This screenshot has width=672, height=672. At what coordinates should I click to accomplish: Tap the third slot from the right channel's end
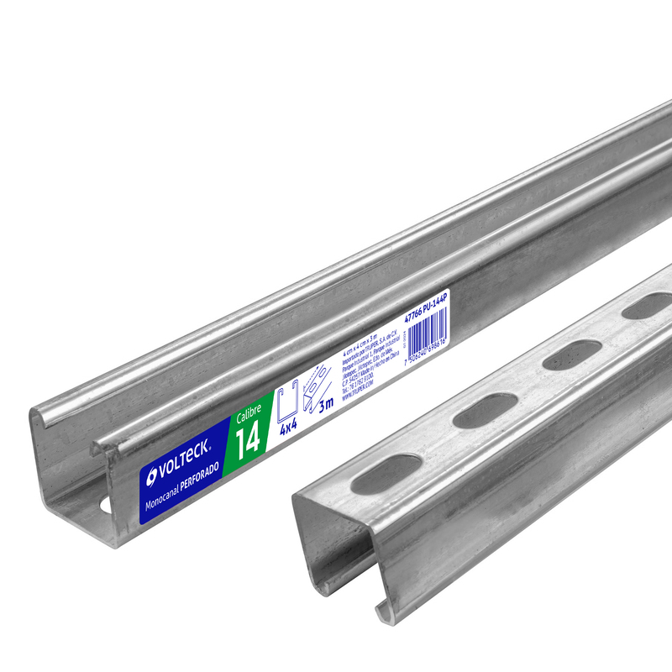564,359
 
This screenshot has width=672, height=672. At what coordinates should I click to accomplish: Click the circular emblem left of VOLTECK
151,476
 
